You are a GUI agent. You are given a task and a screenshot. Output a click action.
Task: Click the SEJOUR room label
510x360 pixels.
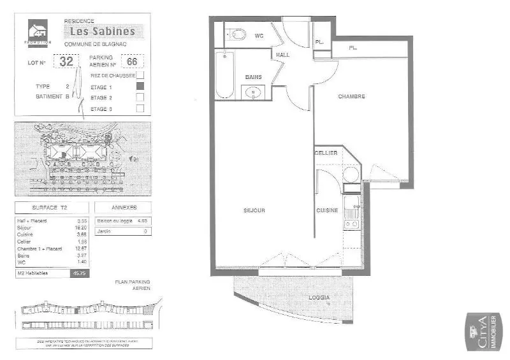[x=253, y=210]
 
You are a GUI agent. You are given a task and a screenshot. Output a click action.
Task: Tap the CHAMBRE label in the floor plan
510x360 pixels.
[x=351, y=97]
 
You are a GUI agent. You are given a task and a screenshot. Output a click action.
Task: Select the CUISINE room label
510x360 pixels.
[x=328, y=210]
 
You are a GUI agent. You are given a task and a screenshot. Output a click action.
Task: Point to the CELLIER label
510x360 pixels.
[x=326, y=154]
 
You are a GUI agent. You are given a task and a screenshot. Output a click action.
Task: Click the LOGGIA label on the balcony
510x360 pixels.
[x=320, y=298]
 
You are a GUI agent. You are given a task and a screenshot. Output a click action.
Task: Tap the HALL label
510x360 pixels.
[x=282, y=55]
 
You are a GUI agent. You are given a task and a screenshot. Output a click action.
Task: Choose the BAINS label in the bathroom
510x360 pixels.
[x=254, y=77]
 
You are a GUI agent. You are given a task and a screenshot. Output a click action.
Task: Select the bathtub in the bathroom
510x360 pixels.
[x=225, y=75]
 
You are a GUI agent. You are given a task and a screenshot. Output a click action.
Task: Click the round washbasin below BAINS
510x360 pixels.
[x=254, y=93]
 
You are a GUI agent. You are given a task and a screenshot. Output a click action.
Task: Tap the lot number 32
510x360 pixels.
[x=66, y=62]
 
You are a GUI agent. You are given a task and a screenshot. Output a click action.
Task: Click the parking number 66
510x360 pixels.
[x=133, y=62]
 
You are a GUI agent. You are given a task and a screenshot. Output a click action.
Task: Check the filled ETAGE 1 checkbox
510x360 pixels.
[x=140, y=87]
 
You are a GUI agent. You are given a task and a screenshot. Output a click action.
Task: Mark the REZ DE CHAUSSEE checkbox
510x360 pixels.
[x=140, y=75]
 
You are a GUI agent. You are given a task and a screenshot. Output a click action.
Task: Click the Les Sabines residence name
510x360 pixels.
[x=102, y=31]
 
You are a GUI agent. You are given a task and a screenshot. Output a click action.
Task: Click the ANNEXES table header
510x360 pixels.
[x=123, y=208]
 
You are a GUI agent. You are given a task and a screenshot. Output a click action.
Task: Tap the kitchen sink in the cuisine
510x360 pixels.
[x=351, y=205]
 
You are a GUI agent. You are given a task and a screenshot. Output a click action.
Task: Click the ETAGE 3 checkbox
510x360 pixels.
[x=140, y=108]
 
